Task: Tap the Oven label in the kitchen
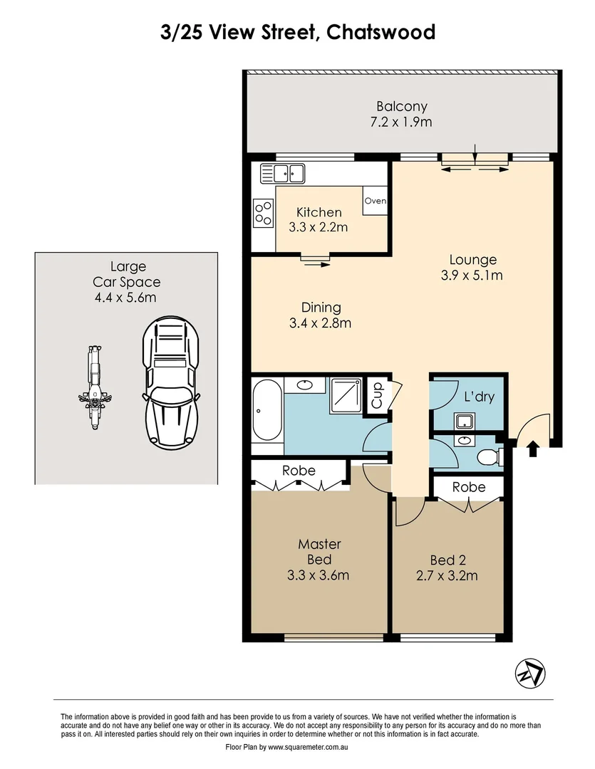tap(375, 201)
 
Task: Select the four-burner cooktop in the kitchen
tap(263, 212)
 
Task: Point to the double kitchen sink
tap(283, 172)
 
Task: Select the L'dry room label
tap(478, 397)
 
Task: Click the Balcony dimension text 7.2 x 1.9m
tap(402, 122)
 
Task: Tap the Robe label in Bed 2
tap(469, 487)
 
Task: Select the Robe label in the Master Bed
tap(299, 471)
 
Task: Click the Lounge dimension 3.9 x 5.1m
tap(472, 276)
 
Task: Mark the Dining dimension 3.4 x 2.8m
tap(321, 323)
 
